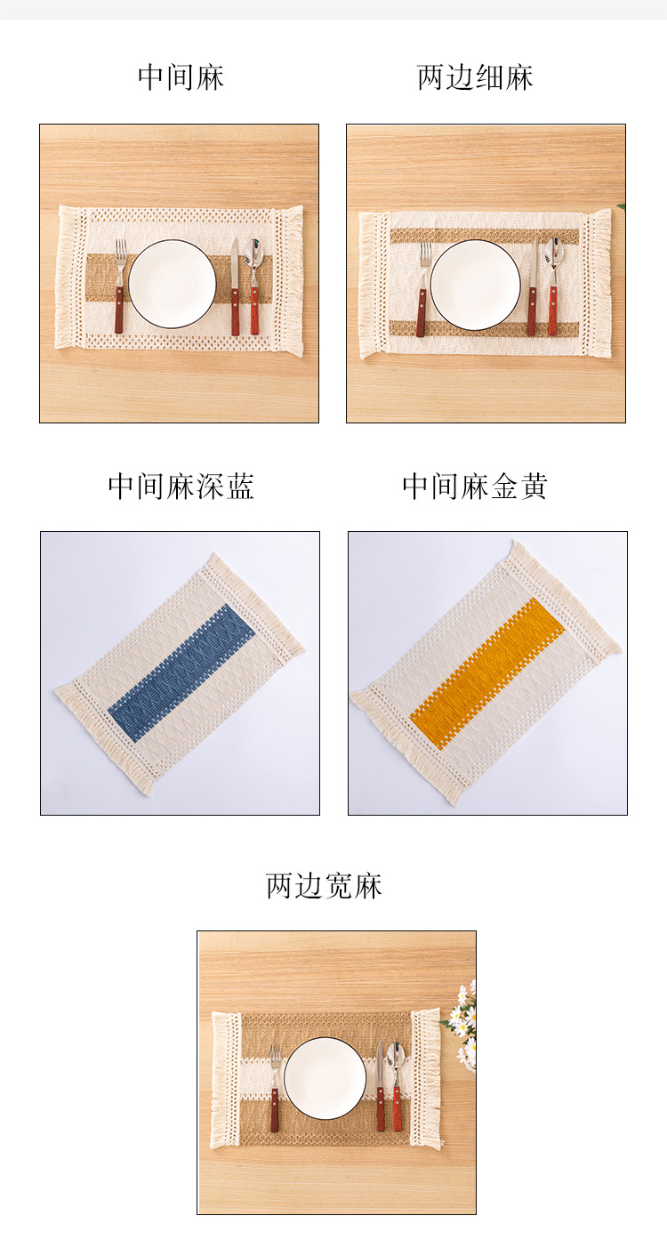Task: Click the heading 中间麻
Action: (x=181, y=77)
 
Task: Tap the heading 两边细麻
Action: (x=475, y=77)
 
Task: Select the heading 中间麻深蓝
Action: (x=181, y=487)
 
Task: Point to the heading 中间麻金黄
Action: (x=475, y=487)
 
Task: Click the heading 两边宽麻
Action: (x=325, y=886)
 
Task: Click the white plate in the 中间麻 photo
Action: (x=173, y=283)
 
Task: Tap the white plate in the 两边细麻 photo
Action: (x=475, y=285)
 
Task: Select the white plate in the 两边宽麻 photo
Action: (x=325, y=1078)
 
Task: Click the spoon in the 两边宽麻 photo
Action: (x=398, y=1085)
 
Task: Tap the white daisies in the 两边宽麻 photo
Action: (x=464, y=1023)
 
